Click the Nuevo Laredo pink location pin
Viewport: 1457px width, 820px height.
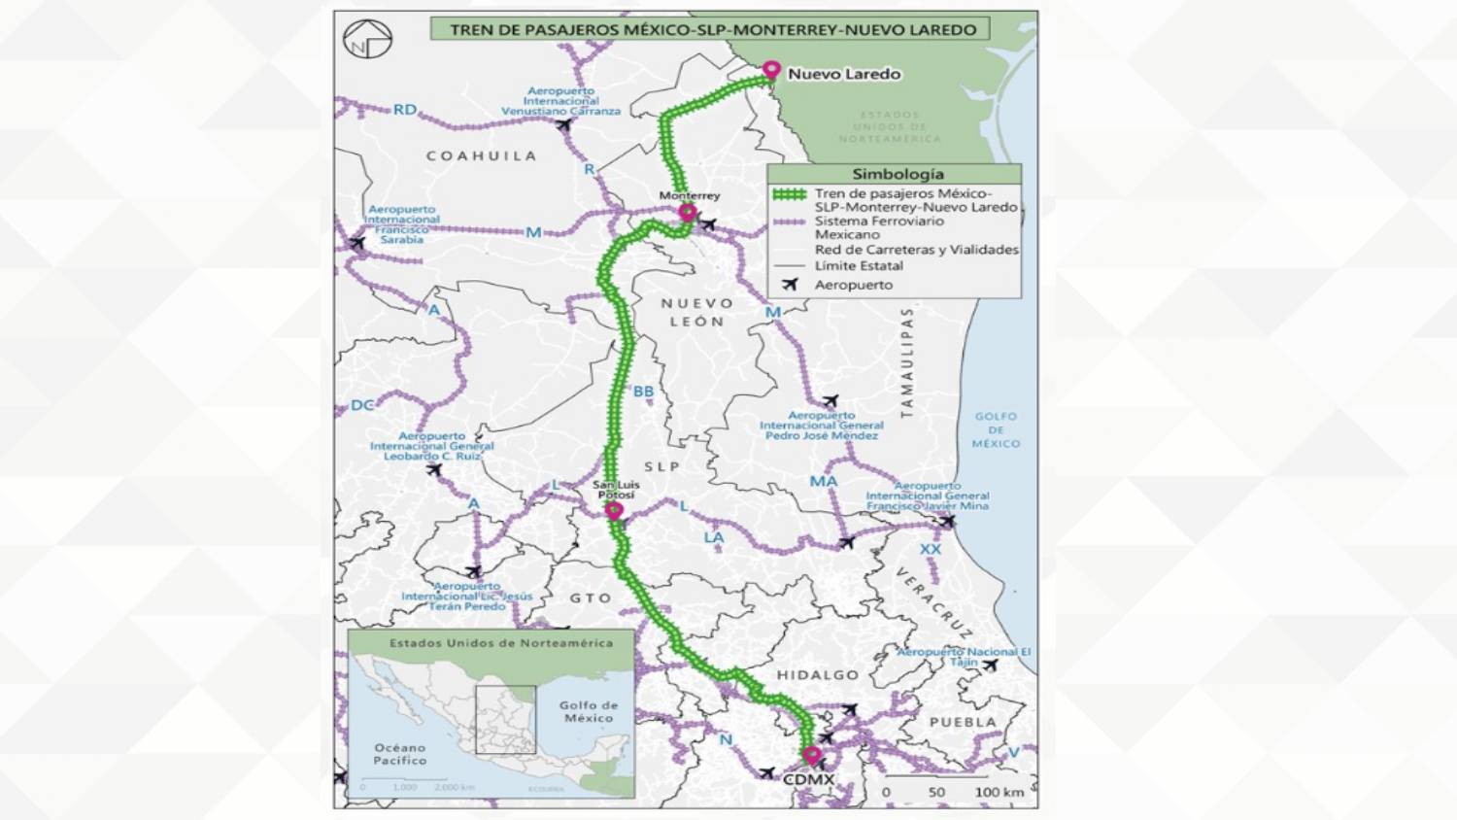771,70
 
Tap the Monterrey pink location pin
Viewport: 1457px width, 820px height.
688,212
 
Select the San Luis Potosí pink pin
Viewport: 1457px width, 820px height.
614,510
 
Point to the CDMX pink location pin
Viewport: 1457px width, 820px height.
812,755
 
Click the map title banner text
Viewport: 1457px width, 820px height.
712,30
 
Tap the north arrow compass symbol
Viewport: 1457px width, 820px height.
367,40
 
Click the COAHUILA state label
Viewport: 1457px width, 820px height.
481,155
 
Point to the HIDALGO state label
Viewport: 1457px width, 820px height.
817,674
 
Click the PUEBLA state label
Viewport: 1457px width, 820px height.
963,722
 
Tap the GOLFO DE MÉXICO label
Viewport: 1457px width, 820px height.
996,429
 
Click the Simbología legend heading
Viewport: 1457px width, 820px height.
897,174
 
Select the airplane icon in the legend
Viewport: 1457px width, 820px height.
790,285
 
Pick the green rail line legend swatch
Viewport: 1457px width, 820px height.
789,194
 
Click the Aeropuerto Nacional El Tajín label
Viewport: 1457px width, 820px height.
963,656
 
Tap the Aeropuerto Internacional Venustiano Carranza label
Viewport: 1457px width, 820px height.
560,101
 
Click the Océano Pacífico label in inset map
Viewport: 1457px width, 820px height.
399,754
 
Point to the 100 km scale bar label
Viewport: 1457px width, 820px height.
999,792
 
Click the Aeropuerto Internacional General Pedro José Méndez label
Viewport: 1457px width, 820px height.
821,426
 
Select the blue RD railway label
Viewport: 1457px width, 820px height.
404,110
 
